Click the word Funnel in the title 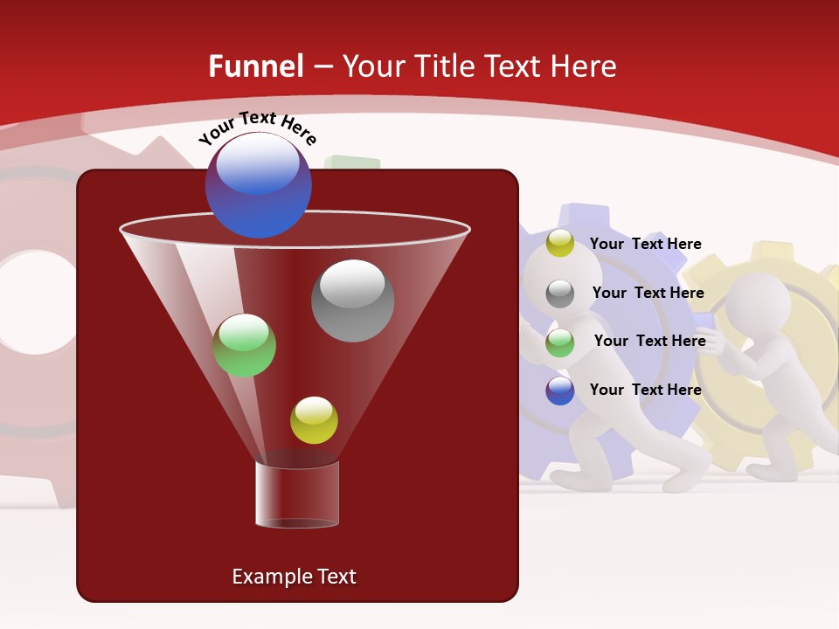[256, 66]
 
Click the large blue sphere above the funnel [259, 184]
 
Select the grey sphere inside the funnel [352, 301]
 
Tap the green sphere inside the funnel [244, 346]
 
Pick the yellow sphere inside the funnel [314, 420]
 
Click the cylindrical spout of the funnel [297, 494]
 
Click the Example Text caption [294, 577]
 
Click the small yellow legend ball [560, 244]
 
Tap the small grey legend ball [560, 294]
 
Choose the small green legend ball [560, 342]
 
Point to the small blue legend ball [560, 391]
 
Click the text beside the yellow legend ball [645, 244]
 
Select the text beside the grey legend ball [648, 293]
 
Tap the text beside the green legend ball [649, 341]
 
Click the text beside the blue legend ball [645, 390]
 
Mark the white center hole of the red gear [35, 302]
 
